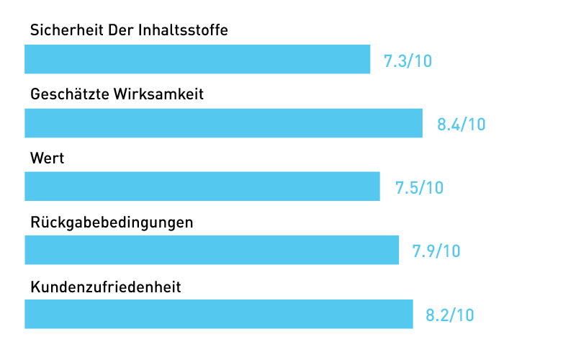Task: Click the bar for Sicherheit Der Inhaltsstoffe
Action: (197, 59)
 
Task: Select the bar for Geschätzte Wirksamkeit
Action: (223, 122)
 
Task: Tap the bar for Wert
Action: (202, 186)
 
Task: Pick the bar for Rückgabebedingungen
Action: (212, 250)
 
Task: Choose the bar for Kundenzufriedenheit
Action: (219, 314)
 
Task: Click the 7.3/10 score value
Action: (408, 61)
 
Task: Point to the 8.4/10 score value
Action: (461, 125)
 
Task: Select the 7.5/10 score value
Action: (419, 188)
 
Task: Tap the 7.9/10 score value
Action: (436, 251)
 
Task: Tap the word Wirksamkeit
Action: (159, 94)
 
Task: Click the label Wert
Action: (48, 158)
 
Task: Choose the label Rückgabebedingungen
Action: (112, 222)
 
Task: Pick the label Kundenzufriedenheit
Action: (105, 287)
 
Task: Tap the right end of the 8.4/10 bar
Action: (420, 122)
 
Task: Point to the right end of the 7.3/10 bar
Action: (369, 59)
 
